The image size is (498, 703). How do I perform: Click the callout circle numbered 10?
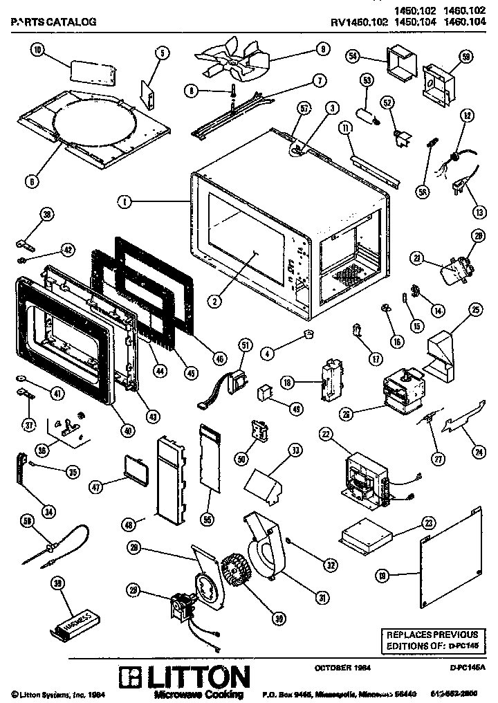pyautogui.click(x=37, y=49)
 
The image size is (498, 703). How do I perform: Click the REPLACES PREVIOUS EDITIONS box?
pyautogui.click(x=431, y=639)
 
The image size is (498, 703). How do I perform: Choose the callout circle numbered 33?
pyautogui.click(x=295, y=450)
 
